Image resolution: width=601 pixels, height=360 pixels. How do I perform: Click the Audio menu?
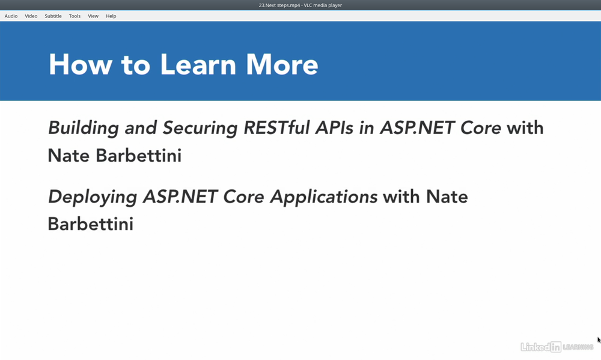click(x=11, y=16)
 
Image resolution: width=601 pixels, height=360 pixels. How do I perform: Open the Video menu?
click(x=31, y=16)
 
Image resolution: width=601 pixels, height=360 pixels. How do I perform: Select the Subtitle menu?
click(x=53, y=16)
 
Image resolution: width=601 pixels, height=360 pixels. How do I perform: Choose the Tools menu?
click(x=75, y=16)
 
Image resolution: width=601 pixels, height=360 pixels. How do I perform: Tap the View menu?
click(x=93, y=16)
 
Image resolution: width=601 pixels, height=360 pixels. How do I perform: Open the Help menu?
click(x=111, y=16)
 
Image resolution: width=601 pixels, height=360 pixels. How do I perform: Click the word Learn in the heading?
click(x=198, y=64)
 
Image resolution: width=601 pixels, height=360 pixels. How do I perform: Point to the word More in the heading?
click(x=282, y=64)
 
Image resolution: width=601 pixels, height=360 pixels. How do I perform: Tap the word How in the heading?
click(x=81, y=64)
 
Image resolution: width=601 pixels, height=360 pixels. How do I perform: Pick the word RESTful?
click(x=276, y=127)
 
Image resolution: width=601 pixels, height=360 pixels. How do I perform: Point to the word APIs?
click(x=334, y=127)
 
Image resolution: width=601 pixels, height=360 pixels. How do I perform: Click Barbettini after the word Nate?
click(x=138, y=156)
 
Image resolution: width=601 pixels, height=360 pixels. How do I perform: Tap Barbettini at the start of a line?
click(x=91, y=224)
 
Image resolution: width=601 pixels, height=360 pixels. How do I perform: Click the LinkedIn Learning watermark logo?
click(x=557, y=347)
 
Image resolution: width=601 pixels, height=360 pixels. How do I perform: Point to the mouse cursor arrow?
click(x=599, y=340)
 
